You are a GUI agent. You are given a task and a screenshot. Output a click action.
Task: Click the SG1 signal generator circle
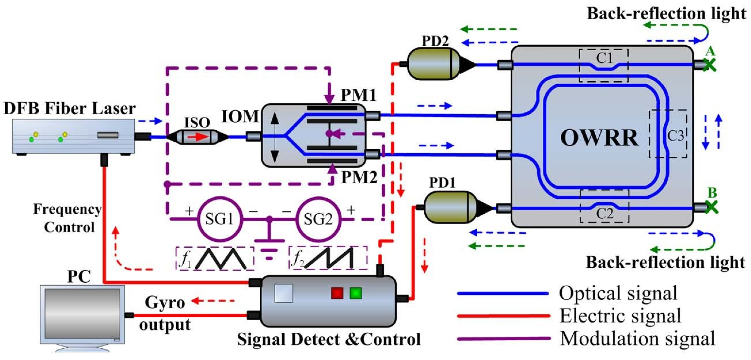coord(219,219)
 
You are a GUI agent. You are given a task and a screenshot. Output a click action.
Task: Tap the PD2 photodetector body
coord(430,64)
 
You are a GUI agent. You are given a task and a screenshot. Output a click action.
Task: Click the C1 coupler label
coord(604,58)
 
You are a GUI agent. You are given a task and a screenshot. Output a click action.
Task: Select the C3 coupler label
coord(675,136)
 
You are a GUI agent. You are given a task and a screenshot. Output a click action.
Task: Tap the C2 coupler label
coord(604,214)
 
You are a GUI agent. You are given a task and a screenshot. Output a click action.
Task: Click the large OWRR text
coord(599,138)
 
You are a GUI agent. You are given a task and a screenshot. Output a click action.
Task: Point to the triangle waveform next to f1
coord(221,258)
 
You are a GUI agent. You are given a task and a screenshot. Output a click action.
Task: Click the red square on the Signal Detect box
coord(337,293)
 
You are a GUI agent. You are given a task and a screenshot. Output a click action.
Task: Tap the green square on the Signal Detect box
coord(355,293)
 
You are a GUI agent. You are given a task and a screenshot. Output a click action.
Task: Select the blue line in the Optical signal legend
coord(502,293)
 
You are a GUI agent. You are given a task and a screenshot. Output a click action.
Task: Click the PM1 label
coord(358,95)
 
